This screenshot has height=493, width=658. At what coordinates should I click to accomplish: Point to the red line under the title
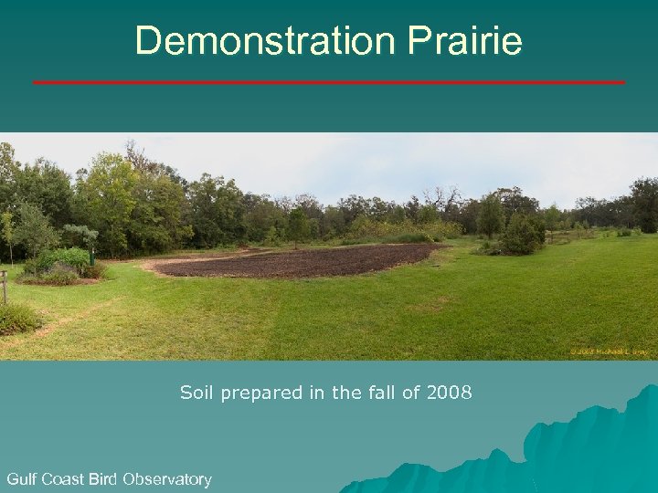click(x=329, y=82)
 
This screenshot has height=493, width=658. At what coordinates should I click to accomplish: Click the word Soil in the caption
click(x=196, y=393)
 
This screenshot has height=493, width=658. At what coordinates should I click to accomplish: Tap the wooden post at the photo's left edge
click(x=4, y=287)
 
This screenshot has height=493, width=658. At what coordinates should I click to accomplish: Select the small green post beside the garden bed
click(x=91, y=257)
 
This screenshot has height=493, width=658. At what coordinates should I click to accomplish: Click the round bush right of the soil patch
click(x=522, y=236)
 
